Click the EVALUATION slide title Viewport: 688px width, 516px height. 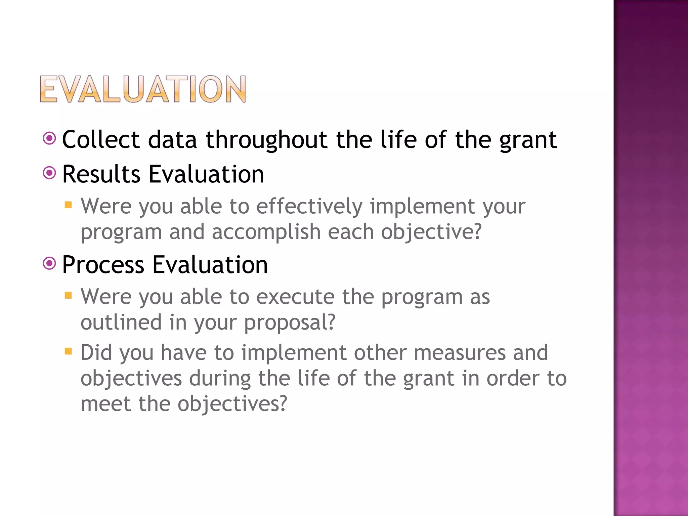point(143,89)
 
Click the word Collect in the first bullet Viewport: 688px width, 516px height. point(101,139)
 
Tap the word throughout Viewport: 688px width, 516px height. point(266,140)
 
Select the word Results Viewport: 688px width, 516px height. point(101,174)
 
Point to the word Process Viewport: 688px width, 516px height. point(103,265)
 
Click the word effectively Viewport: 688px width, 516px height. point(309,206)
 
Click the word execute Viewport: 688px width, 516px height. point(295,297)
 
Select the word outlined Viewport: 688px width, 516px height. point(121,322)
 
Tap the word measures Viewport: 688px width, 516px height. point(460,353)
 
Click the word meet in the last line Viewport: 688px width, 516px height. point(105,403)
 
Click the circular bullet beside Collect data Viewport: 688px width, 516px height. point(49,138)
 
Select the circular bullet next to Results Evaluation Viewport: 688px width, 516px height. point(49,173)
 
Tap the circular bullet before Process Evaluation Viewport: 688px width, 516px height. point(49,263)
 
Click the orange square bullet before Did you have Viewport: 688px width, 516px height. point(68,351)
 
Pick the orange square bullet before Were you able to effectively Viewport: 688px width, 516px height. point(68,205)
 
